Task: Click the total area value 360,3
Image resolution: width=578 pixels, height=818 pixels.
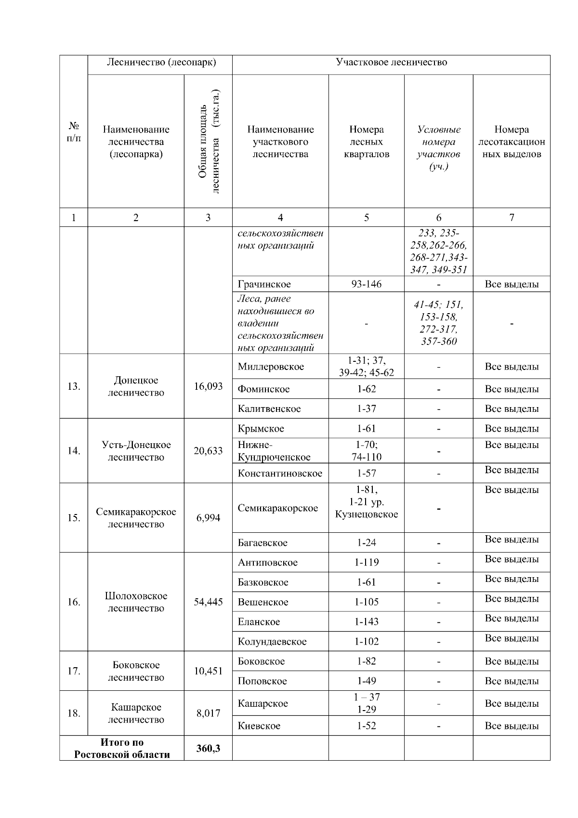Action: (208, 748)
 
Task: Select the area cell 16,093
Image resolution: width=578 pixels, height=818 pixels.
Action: (208, 386)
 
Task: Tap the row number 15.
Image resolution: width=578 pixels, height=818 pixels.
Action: (74, 518)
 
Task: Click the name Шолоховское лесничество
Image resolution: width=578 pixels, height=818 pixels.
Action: (136, 602)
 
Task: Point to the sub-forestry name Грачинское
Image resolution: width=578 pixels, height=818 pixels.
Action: (264, 284)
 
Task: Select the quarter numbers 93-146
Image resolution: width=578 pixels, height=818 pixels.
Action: (366, 284)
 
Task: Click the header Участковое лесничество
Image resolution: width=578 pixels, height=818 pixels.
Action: (391, 62)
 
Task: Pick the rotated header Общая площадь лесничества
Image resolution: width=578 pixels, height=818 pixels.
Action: (208, 141)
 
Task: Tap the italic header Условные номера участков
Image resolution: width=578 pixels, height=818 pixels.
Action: (438, 148)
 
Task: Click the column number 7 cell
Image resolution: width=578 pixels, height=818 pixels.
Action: (511, 218)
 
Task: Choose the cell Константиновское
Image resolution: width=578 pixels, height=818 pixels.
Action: (280, 473)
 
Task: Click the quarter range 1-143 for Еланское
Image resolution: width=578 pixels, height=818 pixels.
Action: (366, 621)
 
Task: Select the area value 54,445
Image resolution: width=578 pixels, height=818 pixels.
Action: (208, 602)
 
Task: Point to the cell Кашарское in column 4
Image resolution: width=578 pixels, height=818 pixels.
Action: (263, 703)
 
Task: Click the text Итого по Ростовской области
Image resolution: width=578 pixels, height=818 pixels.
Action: (121, 748)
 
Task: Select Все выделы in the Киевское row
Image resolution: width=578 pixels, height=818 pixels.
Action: (511, 726)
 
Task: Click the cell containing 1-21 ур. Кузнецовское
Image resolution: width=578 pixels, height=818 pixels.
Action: (366, 508)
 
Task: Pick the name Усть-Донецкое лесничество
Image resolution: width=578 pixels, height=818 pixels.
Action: (136, 451)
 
